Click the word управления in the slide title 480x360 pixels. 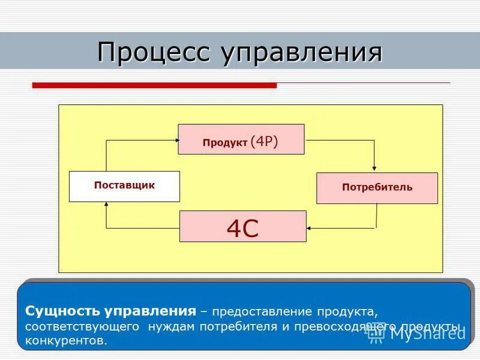[302, 53]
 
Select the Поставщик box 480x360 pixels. [124, 186]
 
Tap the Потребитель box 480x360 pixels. [377, 188]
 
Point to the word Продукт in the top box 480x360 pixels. [224, 143]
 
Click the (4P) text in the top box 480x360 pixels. [265, 141]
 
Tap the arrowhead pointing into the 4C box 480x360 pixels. [310, 228]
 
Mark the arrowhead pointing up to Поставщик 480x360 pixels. [107, 205]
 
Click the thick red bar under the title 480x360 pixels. [154, 86]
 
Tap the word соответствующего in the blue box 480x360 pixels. [82, 327]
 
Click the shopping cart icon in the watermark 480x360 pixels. [376, 334]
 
